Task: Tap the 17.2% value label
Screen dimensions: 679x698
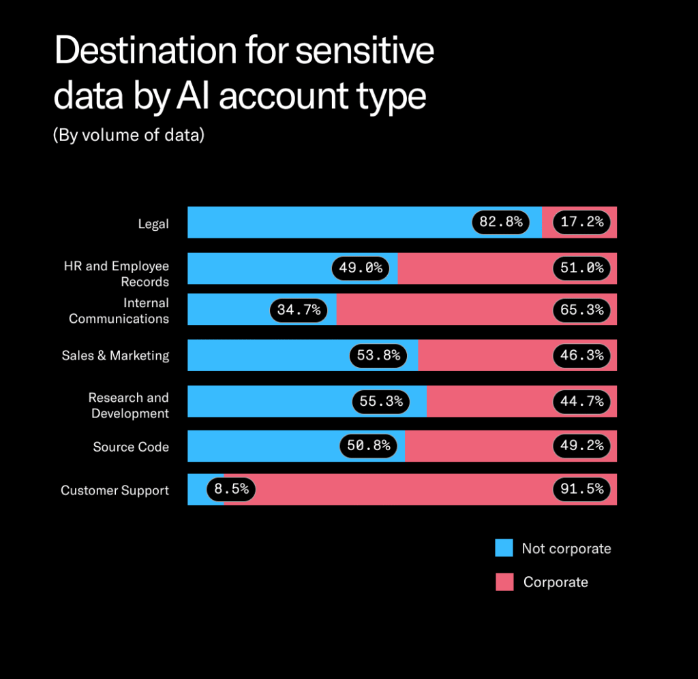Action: click(x=581, y=222)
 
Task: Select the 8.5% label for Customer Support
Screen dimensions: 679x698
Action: click(x=232, y=489)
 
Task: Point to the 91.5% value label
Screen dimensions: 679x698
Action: click(x=581, y=489)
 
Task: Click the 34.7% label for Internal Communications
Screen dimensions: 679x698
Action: click(x=299, y=310)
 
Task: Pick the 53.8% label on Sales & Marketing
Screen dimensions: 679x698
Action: click(x=378, y=356)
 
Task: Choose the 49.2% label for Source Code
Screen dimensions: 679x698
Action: click(x=581, y=445)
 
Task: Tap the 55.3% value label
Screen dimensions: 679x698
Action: click(x=381, y=401)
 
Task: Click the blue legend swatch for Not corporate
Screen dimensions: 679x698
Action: click(x=504, y=548)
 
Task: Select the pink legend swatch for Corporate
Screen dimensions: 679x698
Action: click(x=504, y=582)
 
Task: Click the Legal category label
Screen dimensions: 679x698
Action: click(x=153, y=223)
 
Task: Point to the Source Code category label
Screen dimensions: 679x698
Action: click(x=131, y=447)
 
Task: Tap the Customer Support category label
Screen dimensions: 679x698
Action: click(x=115, y=490)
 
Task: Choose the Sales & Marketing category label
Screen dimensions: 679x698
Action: click(x=115, y=356)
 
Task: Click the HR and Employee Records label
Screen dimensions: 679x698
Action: click(x=117, y=274)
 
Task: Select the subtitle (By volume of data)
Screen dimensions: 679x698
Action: click(x=129, y=135)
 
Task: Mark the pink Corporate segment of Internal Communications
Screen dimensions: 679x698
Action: click(x=443, y=310)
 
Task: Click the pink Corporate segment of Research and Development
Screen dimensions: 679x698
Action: click(x=487, y=401)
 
